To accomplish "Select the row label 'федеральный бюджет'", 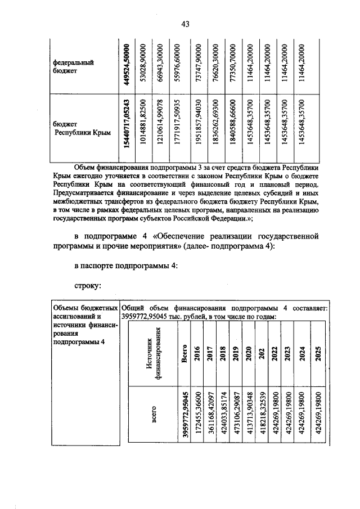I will [73, 67].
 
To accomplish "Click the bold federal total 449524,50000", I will [128, 65].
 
